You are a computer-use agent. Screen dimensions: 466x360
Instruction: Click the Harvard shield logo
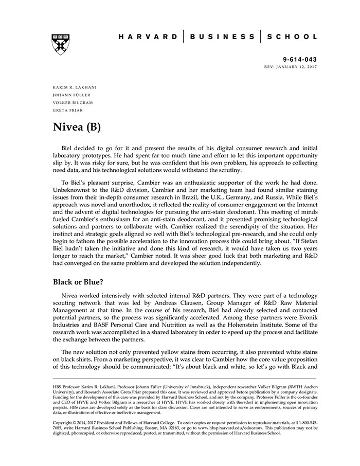pyautogui.click(x=61, y=45)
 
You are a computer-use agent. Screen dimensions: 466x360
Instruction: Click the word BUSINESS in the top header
pyautogui.click(x=222, y=37)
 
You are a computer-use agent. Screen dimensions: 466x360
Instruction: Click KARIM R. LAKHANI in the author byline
pyautogui.click(x=75, y=87)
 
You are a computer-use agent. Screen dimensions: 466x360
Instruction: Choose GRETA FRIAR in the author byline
pyautogui.click(x=68, y=110)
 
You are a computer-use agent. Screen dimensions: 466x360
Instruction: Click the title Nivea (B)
pyautogui.click(x=78, y=127)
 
